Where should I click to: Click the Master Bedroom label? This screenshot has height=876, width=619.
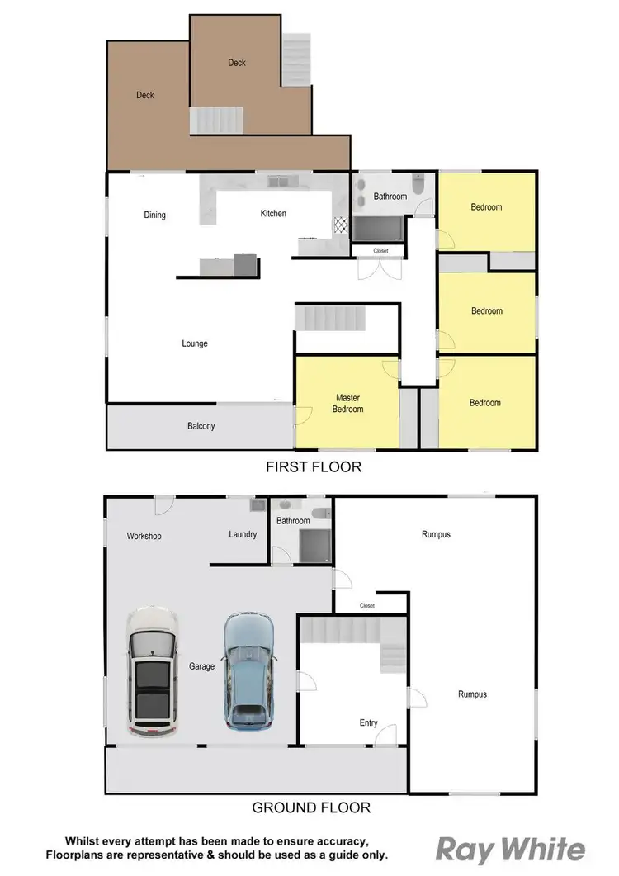click(347, 403)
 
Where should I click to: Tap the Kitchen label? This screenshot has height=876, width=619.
click(273, 214)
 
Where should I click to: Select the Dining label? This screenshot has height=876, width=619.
click(154, 215)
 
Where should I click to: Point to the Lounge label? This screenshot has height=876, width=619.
click(195, 343)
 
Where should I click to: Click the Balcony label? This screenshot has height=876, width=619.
click(201, 426)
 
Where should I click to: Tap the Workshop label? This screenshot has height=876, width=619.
click(144, 536)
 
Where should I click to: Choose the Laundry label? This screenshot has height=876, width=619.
click(243, 534)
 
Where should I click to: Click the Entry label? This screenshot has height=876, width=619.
click(368, 723)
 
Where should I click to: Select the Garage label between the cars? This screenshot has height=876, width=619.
click(201, 666)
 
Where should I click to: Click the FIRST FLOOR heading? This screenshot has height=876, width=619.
click(313, 467)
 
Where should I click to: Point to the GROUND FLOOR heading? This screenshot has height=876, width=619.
click(311, 807)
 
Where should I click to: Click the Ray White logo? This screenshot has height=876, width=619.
click(510, 850)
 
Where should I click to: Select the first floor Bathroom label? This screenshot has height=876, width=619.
click(390, 197)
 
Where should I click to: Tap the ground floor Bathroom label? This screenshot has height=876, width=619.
click(293, 521)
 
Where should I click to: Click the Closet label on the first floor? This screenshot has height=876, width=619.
click(380, 250)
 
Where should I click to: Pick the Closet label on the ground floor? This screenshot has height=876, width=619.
click(367, 606)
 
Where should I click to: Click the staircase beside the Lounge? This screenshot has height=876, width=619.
click(330, 317)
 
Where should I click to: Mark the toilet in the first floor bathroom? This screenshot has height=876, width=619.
click(418, 186)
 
